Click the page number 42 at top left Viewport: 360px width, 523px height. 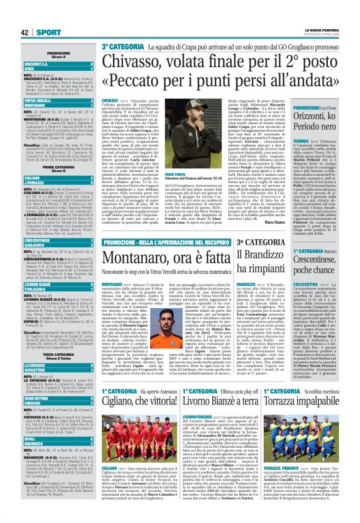11,32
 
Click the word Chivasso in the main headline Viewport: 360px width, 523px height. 133,61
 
